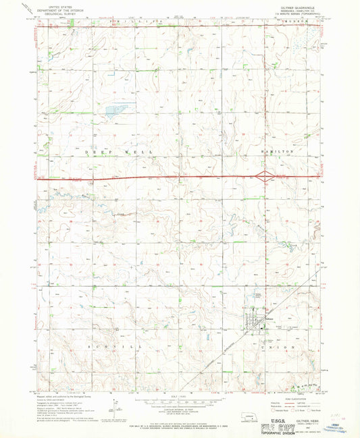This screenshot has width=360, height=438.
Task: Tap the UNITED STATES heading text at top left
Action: click(57, 7)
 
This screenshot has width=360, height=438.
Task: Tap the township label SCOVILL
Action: click(103, 347)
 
